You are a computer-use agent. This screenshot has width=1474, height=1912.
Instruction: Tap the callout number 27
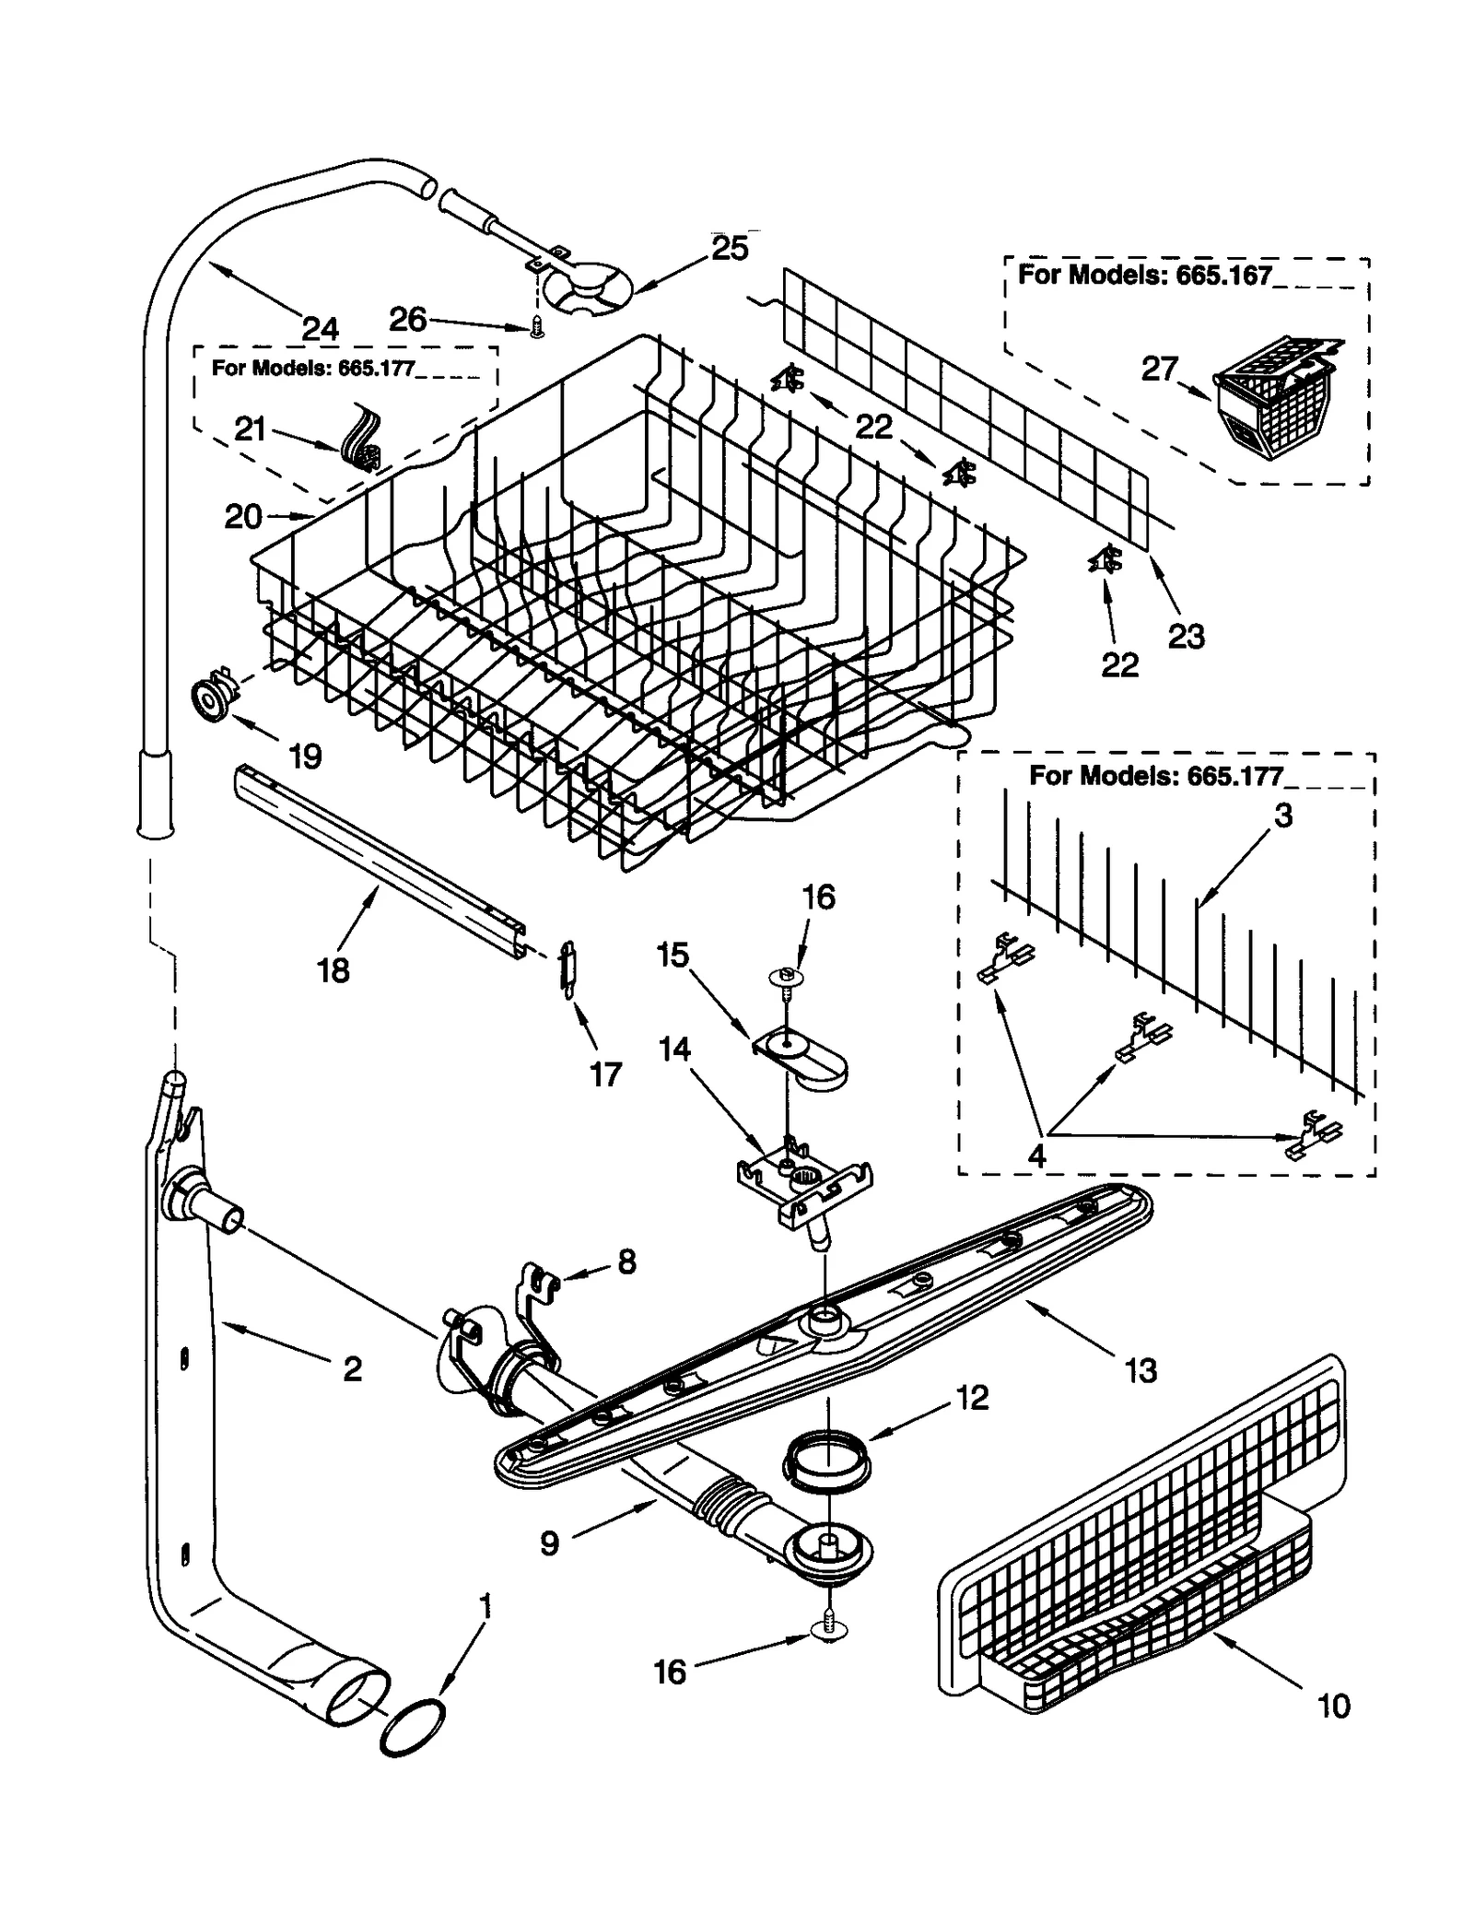coord(1159,369)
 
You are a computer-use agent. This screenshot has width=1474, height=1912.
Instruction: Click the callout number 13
coord(1141,1371)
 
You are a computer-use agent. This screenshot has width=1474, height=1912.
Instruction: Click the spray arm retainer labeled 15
coord(801,1057)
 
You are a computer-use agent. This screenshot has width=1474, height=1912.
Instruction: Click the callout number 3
coord(1283,815)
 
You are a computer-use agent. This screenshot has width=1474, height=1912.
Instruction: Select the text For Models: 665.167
coord(1144,275)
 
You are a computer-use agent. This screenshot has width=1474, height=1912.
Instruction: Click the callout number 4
coord(1036,1155)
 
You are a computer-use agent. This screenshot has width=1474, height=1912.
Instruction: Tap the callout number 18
coord(333,969)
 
